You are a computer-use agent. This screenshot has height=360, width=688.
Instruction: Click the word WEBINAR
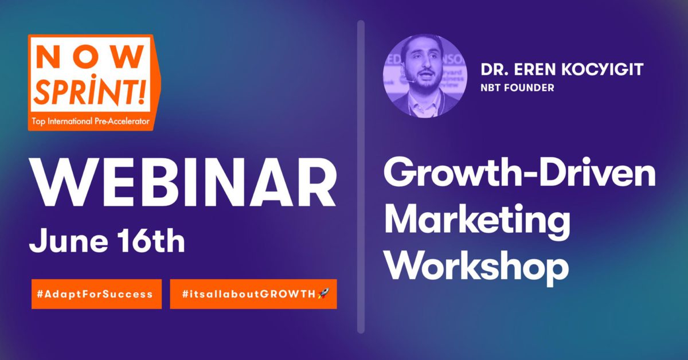[x=183, y=183]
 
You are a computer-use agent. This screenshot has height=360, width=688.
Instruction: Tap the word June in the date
[x=68, y=241]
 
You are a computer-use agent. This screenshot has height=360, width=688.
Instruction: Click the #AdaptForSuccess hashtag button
[x=96, y=294]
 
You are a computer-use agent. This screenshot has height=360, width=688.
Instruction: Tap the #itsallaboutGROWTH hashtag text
[x=249, y=294]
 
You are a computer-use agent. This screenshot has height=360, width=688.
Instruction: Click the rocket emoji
[x=323, y=294]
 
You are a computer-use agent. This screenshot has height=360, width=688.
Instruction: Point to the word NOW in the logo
[x=91, y=57]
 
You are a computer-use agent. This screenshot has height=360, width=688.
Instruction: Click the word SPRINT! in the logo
[x=89, y=89]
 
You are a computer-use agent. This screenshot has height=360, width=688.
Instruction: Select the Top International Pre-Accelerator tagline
[x=91, y=122]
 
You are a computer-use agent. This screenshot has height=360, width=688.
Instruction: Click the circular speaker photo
[x=425, y=76]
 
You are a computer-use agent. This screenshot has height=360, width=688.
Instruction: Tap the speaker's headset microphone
[x=411, y=81]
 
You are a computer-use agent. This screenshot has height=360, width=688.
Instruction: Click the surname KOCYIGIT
[x=603, y=69]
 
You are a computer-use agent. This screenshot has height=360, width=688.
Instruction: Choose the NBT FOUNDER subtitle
[x=517, y=88]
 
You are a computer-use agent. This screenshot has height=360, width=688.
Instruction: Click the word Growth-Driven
[x=519, y=173]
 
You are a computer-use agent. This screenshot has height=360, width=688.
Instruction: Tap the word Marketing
[x=477, y=222]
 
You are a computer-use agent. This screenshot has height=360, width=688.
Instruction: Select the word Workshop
[x=476, y=267]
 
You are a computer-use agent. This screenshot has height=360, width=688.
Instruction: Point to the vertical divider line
[x=361, y=177]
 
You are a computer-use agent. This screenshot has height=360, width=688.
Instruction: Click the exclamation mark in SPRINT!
[x=142, y=89]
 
